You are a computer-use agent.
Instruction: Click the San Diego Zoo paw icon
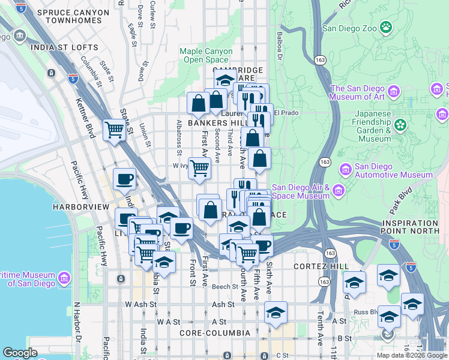[x=385, y=28]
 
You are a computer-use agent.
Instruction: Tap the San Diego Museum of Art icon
[x=394, y=91]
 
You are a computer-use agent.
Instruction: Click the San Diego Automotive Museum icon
[x=345, y=169]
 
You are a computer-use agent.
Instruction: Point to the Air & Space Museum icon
[x=339, y=190]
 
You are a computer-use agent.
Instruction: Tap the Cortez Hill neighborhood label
[x=317, y=266]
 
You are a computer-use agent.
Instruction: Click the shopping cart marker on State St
[x=113, y=130]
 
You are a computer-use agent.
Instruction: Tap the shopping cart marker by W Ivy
[x=199, y=169]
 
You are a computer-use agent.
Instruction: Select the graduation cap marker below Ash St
[x=276, y=313]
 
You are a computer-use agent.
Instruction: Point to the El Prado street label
[x=286, y=113]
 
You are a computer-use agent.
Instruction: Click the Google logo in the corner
[x=20, y=353]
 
